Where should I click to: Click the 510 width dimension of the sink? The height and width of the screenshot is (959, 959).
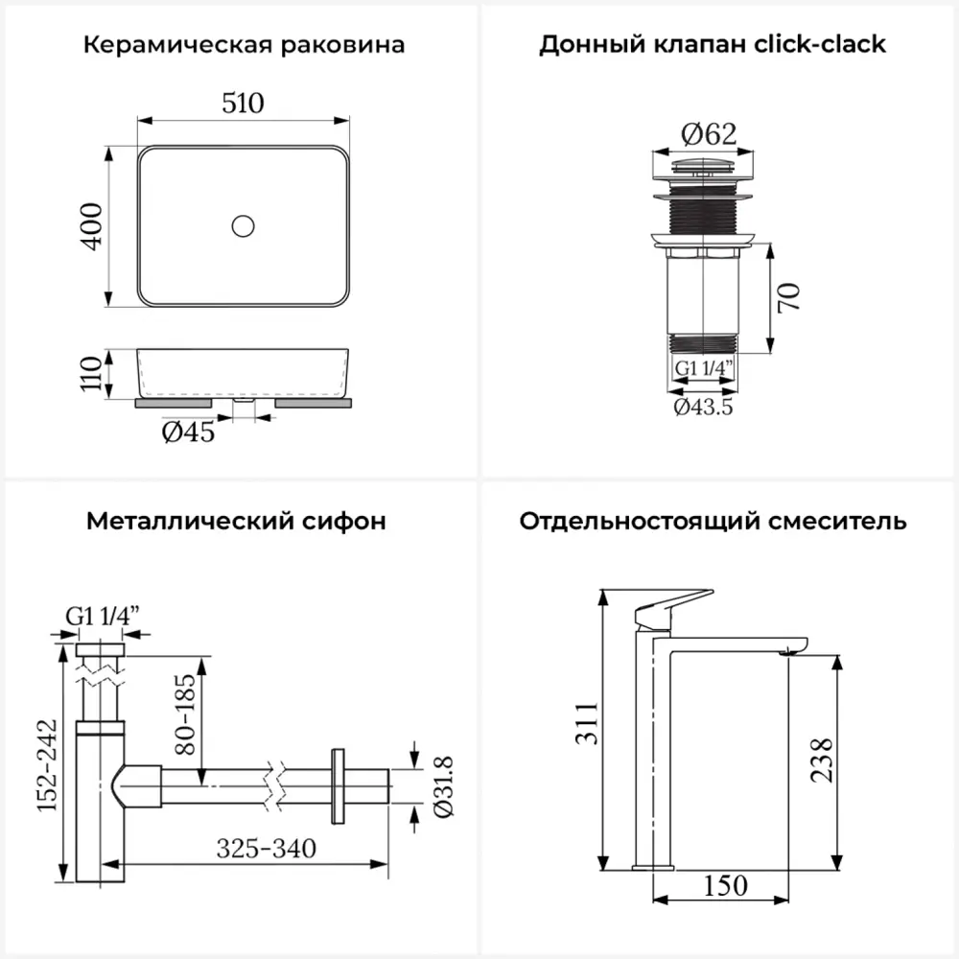pyautogui.click(x=243, y=103)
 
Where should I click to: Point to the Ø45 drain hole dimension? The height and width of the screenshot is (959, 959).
pyautogui.click(x=188, y=433)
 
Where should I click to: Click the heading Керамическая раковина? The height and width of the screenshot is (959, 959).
pyautogui.click(x=244, y=44)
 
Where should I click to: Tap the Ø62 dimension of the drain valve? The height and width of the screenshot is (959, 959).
pyautogui.click(x=709, y=135)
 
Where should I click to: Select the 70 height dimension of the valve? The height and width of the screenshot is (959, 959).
pyautogui.click(x=788, y=297)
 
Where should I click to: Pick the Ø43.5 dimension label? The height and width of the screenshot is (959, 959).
pyautogui.click(x=703, y=406)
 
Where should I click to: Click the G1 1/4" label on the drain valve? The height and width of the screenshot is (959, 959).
pyautogui.click(x=703, y=367)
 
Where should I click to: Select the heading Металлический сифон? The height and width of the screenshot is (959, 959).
pyautogui.click(x=236, y=521)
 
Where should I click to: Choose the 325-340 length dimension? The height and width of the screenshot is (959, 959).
pyautogui.click(x=266, y=849)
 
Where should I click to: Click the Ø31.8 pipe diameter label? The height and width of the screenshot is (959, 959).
pyautogui.click(x=443, y=785)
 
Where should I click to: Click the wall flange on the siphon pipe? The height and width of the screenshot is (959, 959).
pyautogui.click(x=337, y=784)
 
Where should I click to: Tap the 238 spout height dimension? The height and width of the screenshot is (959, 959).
pyautogui.click(x=821, y=758)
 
